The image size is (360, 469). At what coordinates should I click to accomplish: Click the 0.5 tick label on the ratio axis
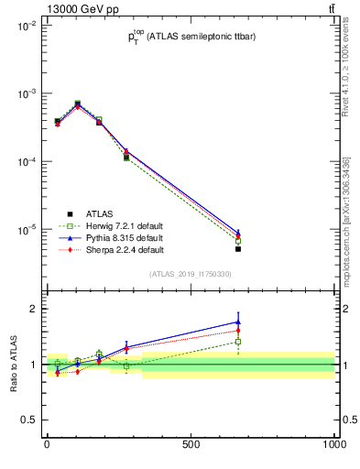27,420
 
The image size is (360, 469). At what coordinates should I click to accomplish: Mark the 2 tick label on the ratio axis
32,309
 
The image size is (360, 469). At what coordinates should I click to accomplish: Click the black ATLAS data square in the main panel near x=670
238,248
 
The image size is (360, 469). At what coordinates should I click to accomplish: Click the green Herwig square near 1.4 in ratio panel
238,342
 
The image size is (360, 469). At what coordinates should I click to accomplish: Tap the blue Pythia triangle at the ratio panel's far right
238,322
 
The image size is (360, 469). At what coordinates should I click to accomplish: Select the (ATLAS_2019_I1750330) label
191,274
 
